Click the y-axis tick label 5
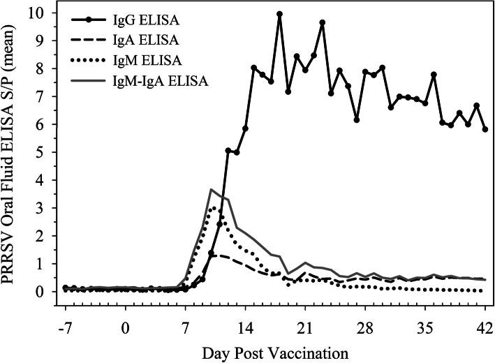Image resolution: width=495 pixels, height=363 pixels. (x=44, y=152)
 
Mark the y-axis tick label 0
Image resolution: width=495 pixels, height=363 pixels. (x=44, y=291)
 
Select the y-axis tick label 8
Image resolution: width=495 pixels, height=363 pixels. (x=44, y=69)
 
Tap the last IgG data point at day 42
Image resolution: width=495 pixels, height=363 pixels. (x=485, y=129)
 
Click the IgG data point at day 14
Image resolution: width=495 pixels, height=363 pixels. (x=246, y=128)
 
